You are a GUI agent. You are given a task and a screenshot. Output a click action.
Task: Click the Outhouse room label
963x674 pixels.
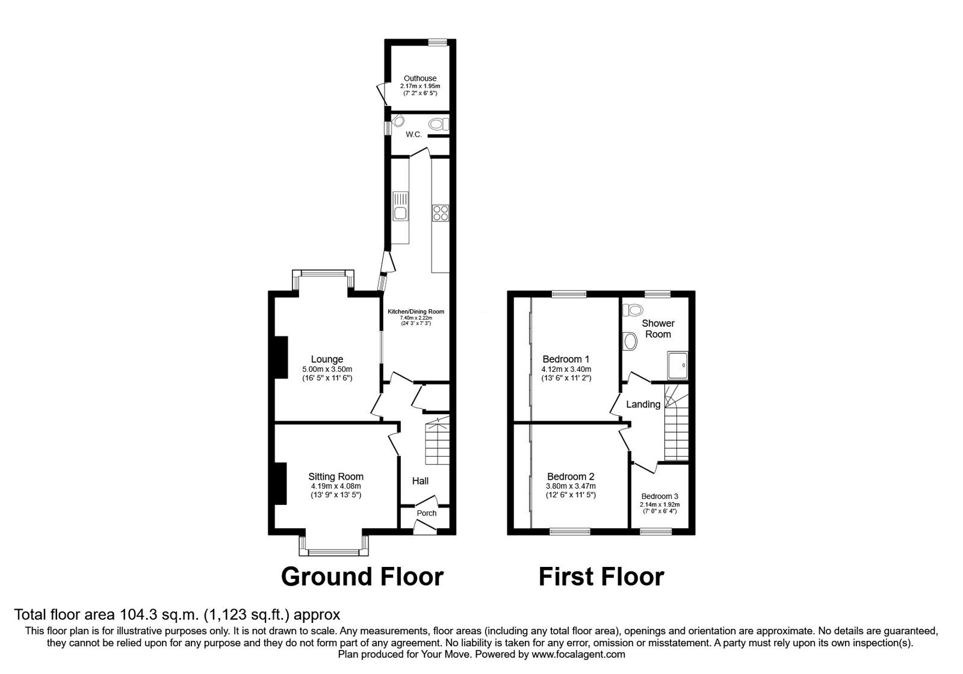[x=420, y=78]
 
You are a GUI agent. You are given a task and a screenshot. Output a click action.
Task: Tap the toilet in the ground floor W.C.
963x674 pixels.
[x=438, y=124]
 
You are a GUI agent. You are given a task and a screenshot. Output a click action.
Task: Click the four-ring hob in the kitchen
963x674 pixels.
[x=440, y=213]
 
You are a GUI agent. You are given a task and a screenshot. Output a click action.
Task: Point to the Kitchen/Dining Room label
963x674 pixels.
[x=415, y=311]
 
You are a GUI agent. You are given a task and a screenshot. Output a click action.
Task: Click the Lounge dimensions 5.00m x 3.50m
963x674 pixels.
[x=327, y=369]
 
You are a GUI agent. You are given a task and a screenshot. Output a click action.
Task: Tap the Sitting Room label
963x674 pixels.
[x=336, y=477]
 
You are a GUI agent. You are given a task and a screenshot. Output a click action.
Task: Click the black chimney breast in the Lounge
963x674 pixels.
[x=280, y=357]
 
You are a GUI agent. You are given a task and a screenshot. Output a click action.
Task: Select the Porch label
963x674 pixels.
[x=427, y=513]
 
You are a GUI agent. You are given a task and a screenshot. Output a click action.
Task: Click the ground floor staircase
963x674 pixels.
[x=437, y=442]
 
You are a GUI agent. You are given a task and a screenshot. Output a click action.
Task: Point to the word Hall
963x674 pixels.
[x=420, y=481]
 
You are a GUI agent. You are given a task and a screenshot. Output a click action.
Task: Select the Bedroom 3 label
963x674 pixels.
[x=659, y=496]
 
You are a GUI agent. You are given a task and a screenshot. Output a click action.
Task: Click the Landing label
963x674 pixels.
[x=643, y=404]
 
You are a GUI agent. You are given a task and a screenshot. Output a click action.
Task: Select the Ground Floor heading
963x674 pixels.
[x=362, y=577]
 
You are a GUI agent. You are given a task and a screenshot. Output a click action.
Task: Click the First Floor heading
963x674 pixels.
[x=601, y=577]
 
